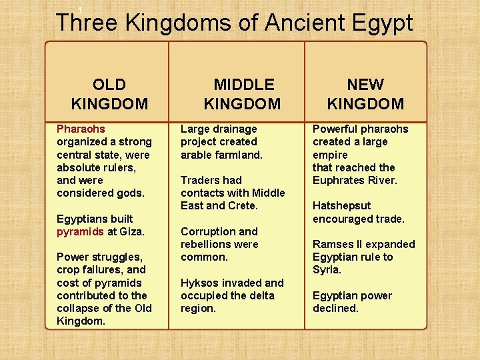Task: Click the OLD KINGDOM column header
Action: [x=109, y=94]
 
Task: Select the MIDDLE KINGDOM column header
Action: [x=243, y=94]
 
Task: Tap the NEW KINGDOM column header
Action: [x=365, y=94]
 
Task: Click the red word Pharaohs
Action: [x=81, y=129]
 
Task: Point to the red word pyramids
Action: [x=80, y=231]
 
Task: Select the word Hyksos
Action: [x=199, y=283]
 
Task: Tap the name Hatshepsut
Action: [x=341, y=206]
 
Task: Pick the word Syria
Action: [x=327, y=270]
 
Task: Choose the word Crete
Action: [x=242, y=206]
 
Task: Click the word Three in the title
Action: [x=87, y=23]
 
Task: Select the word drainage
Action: [x=233, y=129]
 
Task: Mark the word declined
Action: [x=335, y=309]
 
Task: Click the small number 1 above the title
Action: [x=80, y=9]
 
